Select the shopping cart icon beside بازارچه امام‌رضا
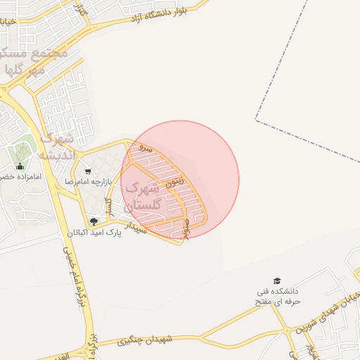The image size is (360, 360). click(x=88, y=171)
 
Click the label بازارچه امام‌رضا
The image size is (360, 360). click(x=89, y=181)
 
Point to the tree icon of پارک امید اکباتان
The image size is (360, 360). click(x=94, y=221)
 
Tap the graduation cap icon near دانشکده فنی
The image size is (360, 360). click(x=276, y=281)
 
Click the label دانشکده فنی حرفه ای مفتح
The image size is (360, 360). click(x=277, y=296)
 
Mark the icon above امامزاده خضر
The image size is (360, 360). click(x=19, y=167)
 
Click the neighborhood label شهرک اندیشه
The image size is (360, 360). click(x=57, y=146)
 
